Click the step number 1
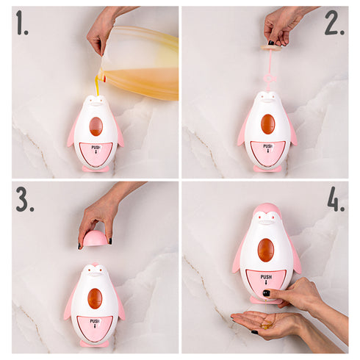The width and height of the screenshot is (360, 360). pyautogui.click(x=22, y=23)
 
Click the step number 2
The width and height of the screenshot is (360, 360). pyautogui.click(x=334, y=23)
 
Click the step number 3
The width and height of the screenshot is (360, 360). pyautogui.click(x=25, y=200)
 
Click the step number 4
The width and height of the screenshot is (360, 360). pyautogui.click(x=336, y=200)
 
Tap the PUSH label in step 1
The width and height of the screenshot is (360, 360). pyautogui.click(x=96, y=148)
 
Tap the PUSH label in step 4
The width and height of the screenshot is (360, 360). pyautogui.click(x=266, y=277)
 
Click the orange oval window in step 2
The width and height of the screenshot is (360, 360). pyautogui.click(x=267, y=124)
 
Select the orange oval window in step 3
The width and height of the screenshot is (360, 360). pyautogui.click(x=95, y=298)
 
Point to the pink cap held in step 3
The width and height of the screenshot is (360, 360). pyautogui.click(x=96, y=237)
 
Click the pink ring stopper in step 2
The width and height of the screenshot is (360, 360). pyautogui.click(x=268, y=79)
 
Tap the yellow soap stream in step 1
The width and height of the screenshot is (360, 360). pyautogui.click(x=98, y=86)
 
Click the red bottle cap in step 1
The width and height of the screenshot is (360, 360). pyautogui.click(x=105, y=79)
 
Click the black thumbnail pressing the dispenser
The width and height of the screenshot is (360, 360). pyautogui.click(x=266, y=293)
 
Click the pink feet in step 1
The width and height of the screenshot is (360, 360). pyautogui.click(x=96, y=168)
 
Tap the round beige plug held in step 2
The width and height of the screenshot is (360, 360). pyautogui.click(x=272, y=48)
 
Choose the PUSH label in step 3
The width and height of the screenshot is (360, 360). pyautogui.click(x=95, y=321)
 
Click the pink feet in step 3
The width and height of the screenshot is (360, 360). pyautogui.click(x=94, y=343)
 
